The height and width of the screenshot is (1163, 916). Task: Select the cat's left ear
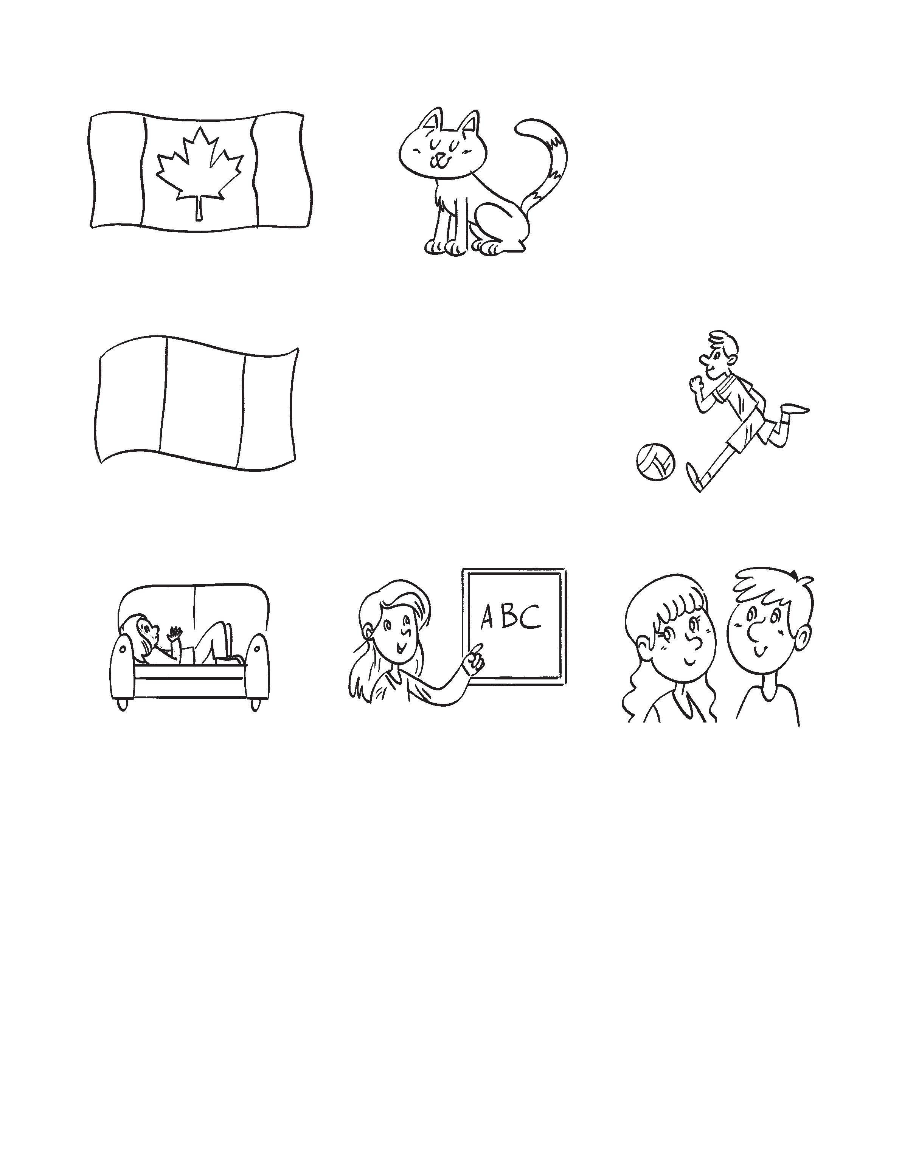[x=432, y=120]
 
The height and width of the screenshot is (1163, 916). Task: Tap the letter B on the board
[x=508, y=617]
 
